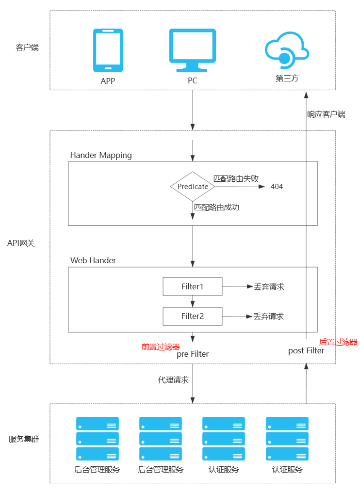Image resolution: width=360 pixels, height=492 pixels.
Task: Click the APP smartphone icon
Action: click(108, 50)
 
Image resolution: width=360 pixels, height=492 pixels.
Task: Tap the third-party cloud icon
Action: click(286, 50)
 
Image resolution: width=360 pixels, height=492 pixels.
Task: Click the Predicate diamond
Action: click(193, 187)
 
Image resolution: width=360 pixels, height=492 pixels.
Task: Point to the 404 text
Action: click(277, 187)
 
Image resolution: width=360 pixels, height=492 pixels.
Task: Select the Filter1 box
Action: click(192, 286)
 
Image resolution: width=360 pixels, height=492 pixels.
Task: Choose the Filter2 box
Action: click(192, 316)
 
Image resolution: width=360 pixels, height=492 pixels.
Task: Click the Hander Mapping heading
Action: click(101, 155)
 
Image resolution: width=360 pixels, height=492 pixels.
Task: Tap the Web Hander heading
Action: click(93, 260)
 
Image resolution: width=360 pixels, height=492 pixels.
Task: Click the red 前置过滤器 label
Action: click(161, 347)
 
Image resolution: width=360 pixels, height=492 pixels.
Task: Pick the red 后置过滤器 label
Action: click(338, 342)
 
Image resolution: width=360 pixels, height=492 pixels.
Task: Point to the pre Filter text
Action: click(193, 354)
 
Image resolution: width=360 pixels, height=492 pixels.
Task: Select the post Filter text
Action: click(306, 350)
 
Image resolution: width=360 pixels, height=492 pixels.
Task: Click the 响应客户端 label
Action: click(326, 114)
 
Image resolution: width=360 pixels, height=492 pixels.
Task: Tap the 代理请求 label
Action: click(173, 380)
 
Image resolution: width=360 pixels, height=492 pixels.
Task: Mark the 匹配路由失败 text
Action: click(236, 178)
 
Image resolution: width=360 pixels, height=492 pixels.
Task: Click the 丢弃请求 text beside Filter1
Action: click(269, 286)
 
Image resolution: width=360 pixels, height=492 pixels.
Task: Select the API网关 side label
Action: click(21, 243)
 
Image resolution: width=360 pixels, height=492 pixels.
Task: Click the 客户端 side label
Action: click(27, 48)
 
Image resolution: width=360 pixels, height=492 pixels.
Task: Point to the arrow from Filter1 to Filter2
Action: click(193, 301)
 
